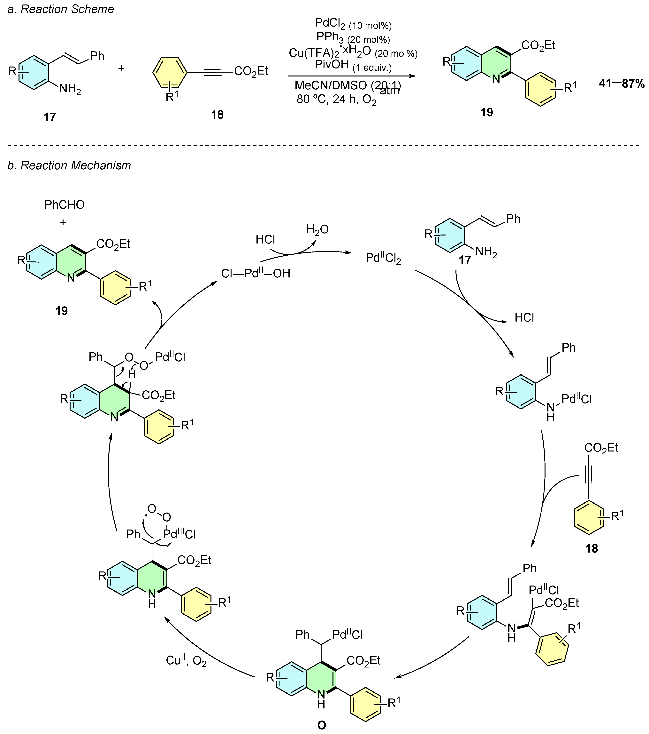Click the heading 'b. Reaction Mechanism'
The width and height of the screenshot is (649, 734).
click(69, 165)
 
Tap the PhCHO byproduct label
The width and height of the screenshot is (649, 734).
click(65, 205)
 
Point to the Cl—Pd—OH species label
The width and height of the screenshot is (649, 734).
click(256, 274)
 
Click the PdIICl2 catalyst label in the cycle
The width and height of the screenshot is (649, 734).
click(383, 258)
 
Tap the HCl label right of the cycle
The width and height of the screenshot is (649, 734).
click(524, 317)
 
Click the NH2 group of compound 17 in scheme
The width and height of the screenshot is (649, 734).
click(70, 88)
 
